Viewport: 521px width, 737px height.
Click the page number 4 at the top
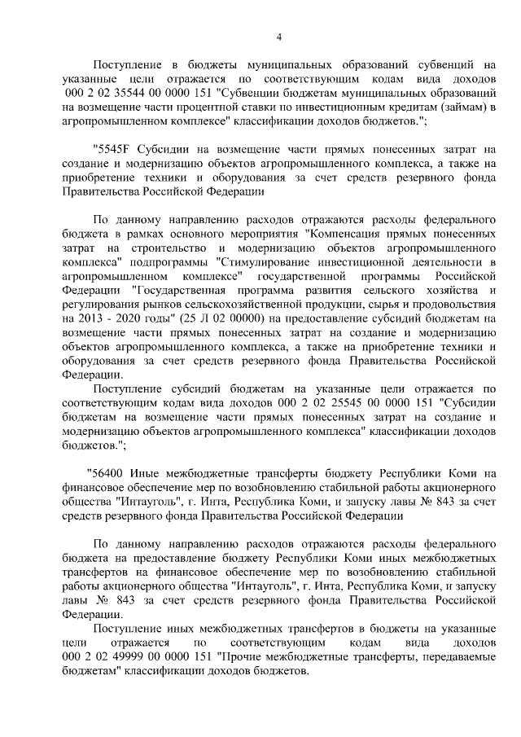278,36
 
